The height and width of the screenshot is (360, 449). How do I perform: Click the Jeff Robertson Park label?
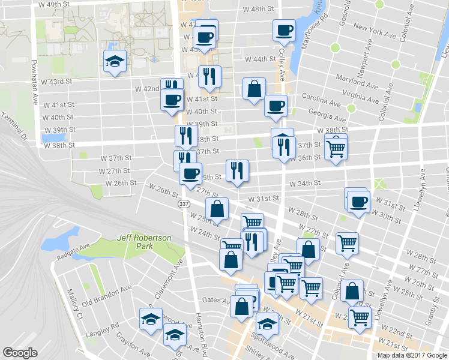tap(145, 242)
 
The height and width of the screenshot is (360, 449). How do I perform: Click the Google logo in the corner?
tap(20, 353)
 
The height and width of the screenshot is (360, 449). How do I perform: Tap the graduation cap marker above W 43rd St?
tap(113, 61)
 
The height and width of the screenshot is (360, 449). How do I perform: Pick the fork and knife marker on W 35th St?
tap(237, 170)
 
